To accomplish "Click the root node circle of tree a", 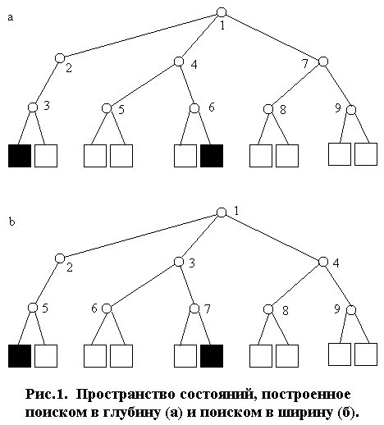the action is point(222,12).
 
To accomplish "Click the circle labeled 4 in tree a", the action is point(179,62).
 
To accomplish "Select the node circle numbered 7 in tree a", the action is point(323,62).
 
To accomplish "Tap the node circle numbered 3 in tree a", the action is point(33,107).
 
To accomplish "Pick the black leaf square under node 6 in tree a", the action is point(212,156).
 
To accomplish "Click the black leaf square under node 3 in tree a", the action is point(20,156).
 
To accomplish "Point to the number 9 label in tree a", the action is point(338,107).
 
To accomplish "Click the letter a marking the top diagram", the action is point(11,18).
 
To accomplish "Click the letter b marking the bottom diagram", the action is point(11,222).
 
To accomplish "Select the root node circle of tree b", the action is point(222,212).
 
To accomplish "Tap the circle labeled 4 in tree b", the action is point(323,262).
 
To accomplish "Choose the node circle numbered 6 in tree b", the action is point(107,308).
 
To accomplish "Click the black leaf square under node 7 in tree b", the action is point(212,356).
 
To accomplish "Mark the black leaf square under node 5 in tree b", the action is point(20,356).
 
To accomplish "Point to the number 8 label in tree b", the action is point(286,311).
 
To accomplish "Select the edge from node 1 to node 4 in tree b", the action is point(272,237).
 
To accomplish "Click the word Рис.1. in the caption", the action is point(46,394).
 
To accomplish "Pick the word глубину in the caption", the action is point(132,413).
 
